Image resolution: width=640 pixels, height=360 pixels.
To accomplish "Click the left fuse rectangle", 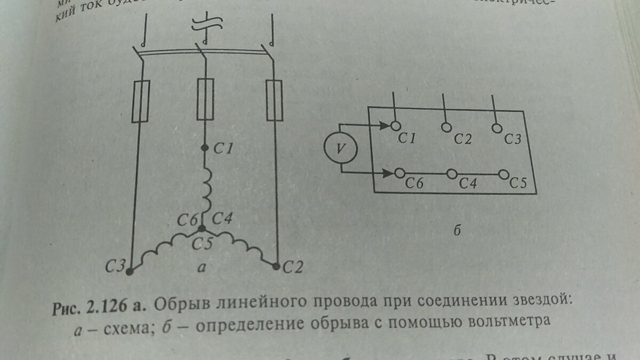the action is point(141,102).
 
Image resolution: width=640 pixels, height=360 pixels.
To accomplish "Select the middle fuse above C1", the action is point(206,99).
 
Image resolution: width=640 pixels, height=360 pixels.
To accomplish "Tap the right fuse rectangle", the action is point(274,101).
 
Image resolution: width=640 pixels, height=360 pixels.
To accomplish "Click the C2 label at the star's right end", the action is point(292,266).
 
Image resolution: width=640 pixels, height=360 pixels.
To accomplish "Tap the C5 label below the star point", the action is point(203,244).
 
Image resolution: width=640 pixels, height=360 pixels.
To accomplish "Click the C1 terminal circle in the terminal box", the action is point(395,126).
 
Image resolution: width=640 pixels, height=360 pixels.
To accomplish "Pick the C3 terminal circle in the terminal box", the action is point(497,128).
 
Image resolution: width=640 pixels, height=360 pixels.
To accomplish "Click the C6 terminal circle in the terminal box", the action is point(400,173).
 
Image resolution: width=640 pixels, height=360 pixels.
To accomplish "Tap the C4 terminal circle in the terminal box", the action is point(451,173).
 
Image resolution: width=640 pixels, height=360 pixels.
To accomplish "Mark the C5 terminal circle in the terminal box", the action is point(503,174).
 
